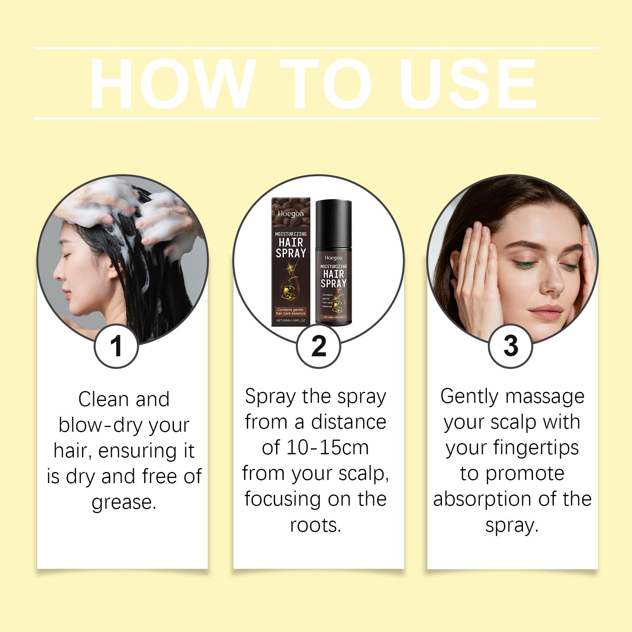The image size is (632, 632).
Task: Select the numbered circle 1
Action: pyautogui.click(x=116, y=346)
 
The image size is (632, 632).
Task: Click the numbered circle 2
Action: pyautogui.click(x=318, y=346)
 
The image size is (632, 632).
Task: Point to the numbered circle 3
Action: pyautogui.click(x=510, y=346)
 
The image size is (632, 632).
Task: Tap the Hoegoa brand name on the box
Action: pyautogui.click(x=291, y=214)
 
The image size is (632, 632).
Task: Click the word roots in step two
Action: pyautogui.click(x=315, y=525)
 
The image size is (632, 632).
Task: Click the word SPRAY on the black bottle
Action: pyautogui.click(x=333, y=283)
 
